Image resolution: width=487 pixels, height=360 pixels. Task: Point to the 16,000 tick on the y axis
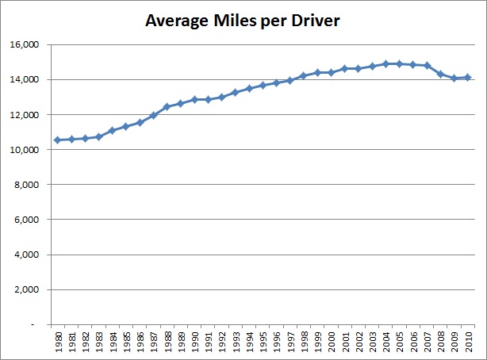pyautogui.click(x=28, y=45)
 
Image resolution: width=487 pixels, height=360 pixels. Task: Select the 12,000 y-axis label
pyautogui.click(x=28, y=115)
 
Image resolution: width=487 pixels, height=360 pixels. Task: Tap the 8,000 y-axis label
pyautogui.click(x=30, y=185)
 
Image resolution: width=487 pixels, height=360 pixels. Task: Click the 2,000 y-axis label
pyautogui.click(x=30, y=289)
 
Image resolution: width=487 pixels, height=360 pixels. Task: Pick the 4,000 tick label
pyautogui.click(x=30, y=255)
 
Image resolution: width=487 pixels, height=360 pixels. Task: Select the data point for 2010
pyautogui.click(x=468, y=78)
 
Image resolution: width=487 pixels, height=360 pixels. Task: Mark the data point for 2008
pyautogui.click(x=440, y=75)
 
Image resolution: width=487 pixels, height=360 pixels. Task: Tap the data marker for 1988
pyautogui.click(x=166, y=107)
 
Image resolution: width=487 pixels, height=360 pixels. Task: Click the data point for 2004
pyautogui.click(x=385, y=64)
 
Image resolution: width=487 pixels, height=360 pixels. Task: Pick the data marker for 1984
pyautogui.click(x=111, y=131)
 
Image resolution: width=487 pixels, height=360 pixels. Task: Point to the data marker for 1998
pyautogui.click(x=303, y=76)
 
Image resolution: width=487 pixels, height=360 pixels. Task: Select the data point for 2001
pyautogui.click(x=344, y=69)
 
